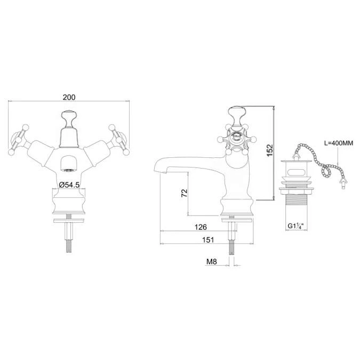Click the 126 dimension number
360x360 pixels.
pyautogui.click(x=200, y=227)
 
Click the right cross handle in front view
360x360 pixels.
pyautogui.click(x=117, y=138)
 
